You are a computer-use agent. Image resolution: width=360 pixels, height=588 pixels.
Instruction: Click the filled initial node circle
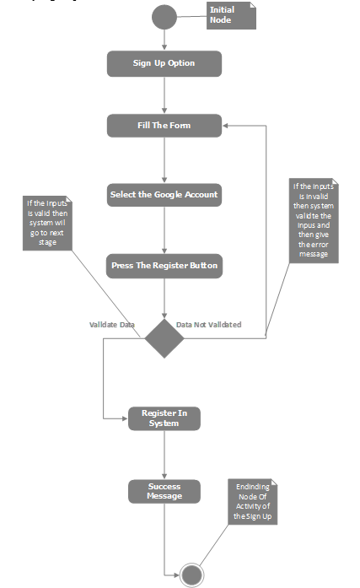coord(164,17)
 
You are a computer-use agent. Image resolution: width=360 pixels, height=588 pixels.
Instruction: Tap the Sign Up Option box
coord(164,63)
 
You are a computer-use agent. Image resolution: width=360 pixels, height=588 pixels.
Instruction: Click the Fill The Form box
coord(164,126)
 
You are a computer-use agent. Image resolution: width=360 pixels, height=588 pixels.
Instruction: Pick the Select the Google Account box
coord(164,195)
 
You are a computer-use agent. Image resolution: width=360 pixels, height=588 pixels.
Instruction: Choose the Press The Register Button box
coord(164,266)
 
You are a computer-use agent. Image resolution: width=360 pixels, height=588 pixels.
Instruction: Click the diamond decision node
coord(164,338)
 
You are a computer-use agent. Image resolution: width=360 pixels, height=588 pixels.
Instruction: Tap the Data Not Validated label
coord(209,324)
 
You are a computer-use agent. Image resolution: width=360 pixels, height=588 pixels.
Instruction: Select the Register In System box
coord(164,418)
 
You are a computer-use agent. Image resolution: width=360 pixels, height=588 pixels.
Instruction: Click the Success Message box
coord(164,491)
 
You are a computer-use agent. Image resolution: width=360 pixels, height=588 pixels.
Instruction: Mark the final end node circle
coord(191,575)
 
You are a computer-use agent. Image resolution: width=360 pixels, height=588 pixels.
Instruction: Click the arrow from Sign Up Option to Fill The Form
coord(164,95)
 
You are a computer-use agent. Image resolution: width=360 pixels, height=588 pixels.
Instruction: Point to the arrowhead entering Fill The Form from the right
coord(227,126)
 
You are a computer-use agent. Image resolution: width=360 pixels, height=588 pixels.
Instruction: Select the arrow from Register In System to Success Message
coord(164,456)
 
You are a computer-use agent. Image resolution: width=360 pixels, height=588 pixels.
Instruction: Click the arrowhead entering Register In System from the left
coord(124,418)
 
